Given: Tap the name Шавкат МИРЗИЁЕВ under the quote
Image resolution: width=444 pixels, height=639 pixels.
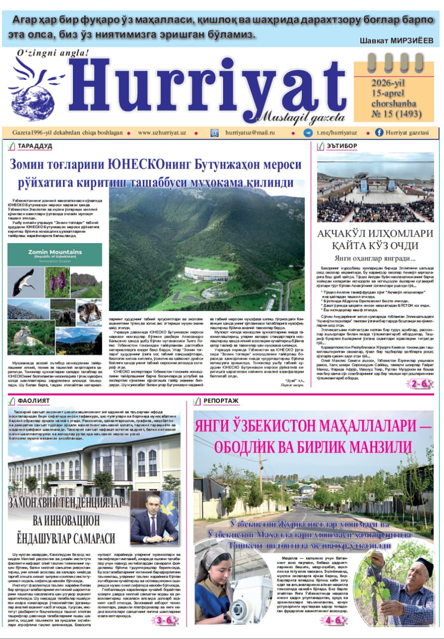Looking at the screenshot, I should pyautogui.click(x=396, y=41).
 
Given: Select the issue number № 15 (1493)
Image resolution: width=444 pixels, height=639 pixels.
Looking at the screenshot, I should pyautogui.click(x=396, y=114).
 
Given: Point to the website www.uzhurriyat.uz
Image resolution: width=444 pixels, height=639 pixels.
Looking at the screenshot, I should pyautogui.click(x=162, y=133).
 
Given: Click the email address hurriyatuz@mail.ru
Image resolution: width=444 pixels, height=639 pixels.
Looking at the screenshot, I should pyautogui.click(x=250, y=133).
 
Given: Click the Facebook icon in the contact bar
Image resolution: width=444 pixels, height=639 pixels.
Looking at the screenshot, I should pyautogui.click(x=379, y=133).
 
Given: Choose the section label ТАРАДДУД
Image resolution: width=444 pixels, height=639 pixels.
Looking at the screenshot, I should pyautogui.click(x=34, y=146).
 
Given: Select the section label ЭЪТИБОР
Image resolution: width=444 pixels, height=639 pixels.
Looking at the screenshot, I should pyautogui.click(x=342, y=146).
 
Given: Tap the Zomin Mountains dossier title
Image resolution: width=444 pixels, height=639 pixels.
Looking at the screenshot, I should pyautogui.click(x=55, y=252).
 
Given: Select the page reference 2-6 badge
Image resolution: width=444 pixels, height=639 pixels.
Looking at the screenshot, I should pyautogui.click(x=419, y=383).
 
